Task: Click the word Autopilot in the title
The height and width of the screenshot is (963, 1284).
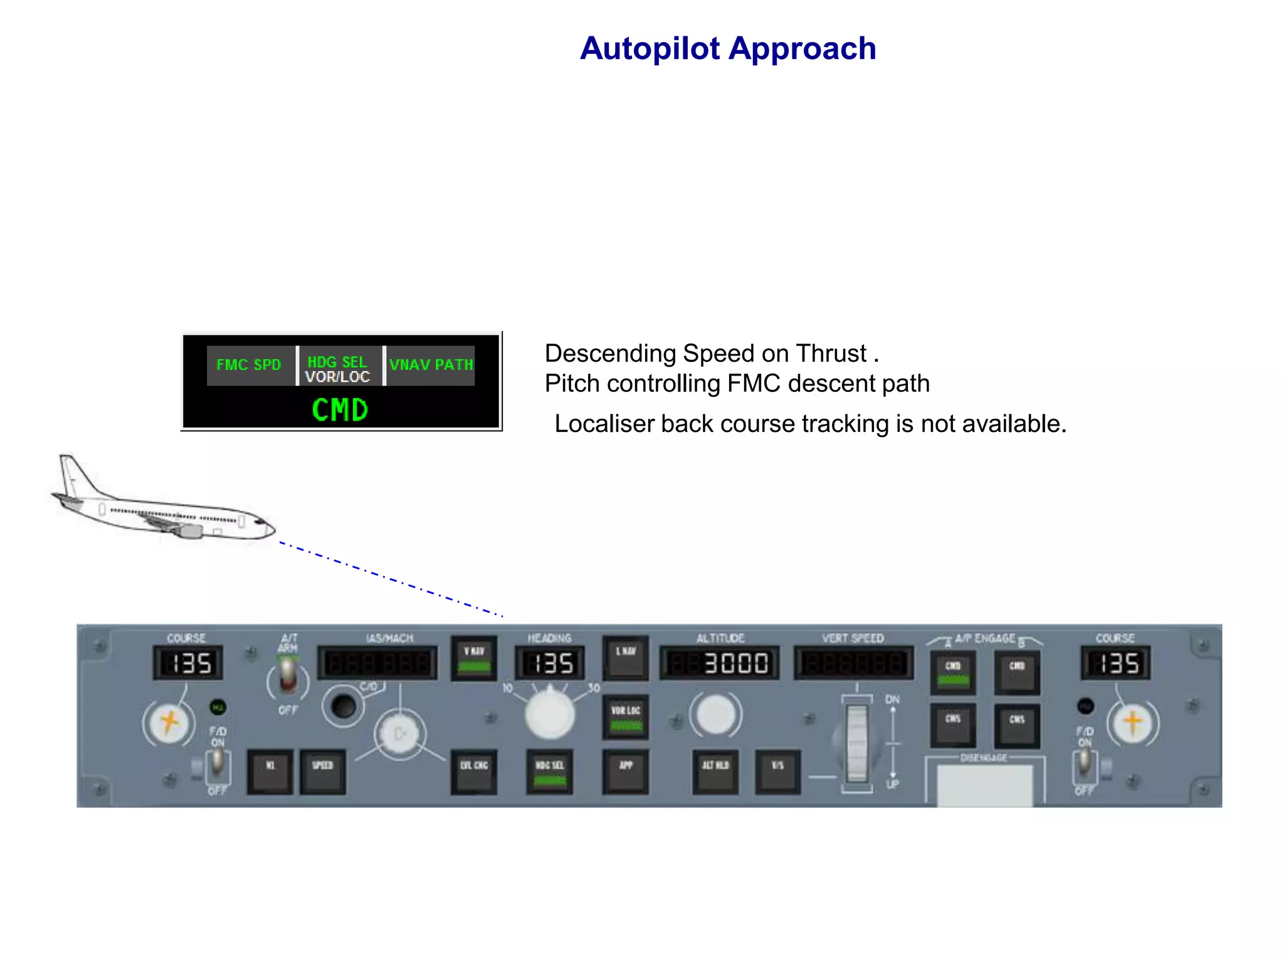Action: [x=650, y=49]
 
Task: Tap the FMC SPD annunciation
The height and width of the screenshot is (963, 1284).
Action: [x=249, y=365]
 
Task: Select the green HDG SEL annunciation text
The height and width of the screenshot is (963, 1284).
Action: [x=337, y=362]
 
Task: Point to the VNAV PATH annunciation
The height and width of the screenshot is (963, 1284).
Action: [x=431, y=365]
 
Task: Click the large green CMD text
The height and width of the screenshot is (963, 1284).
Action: [x=340, y=410]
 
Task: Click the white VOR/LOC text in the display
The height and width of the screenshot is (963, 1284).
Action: [x=337, y=377]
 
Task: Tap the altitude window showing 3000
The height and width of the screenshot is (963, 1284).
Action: [x=720, y=663]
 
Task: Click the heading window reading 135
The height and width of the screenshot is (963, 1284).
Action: [x=550, y=663]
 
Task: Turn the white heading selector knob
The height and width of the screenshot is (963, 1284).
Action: [x=550, y=713]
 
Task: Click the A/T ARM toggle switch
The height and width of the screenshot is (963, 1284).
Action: [x=288, y=677]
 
